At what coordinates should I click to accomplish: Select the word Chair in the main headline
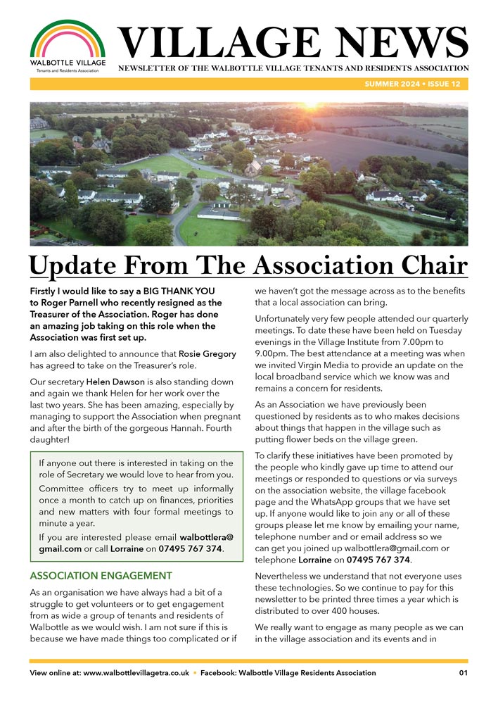click(428, 266)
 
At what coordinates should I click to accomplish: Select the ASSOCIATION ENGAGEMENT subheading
click(101, 576)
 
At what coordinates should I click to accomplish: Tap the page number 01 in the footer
click(463, 673)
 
